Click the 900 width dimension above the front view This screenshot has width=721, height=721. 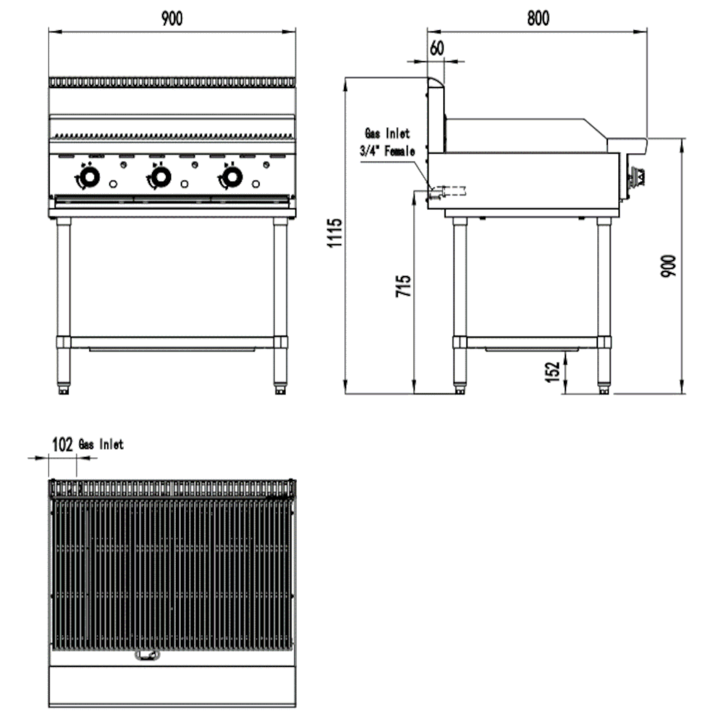(172, 19)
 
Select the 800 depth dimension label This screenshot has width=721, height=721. (537, 19)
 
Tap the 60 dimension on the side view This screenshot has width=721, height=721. (436, 48)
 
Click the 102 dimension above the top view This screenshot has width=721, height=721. (63, 445)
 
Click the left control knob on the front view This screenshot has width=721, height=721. (89, 177)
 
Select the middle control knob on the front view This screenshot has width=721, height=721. (160, 176)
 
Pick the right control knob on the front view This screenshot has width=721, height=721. (231, 176)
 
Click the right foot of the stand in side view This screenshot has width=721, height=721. (603, 391)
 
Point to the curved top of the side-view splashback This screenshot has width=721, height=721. (435, 82)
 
